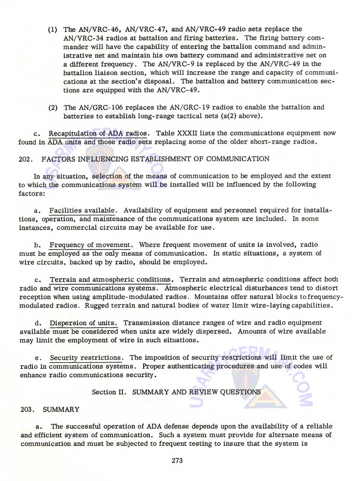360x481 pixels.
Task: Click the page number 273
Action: click(x=180, y=460)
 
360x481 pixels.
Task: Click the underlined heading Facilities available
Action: click(x=83, y=210)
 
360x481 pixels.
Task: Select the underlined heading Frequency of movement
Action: click(x=90, y=245)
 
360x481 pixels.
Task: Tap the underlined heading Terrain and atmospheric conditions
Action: click(x=111, y=279)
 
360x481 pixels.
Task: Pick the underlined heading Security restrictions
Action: click(x=86, y=358)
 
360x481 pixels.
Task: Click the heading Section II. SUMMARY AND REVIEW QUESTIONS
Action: click(x=176, y=392)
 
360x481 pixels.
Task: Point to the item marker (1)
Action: click(x=53, y=29)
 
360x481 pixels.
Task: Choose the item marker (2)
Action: click(x=53, y=107)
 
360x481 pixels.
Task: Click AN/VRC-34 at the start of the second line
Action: click(x=83, y=37)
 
